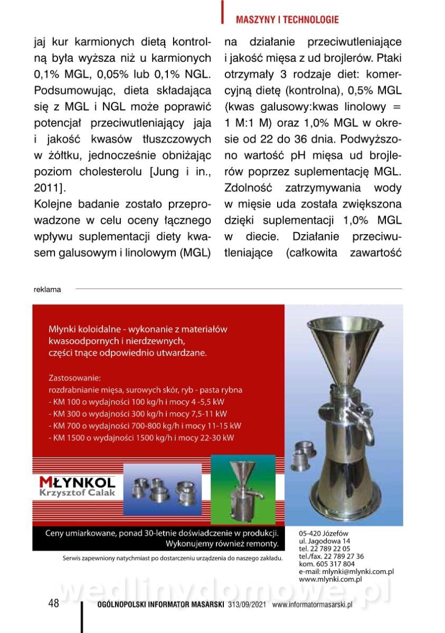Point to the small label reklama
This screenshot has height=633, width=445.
click(48, 289)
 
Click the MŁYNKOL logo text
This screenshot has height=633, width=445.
click(77, 482)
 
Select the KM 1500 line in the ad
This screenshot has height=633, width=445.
click(141, 438)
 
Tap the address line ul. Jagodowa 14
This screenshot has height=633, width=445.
click(324, 541)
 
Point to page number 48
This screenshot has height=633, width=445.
click(53, 604)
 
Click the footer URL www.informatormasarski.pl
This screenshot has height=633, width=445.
click(312, 605)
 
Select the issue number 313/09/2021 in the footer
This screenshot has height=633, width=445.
click(248, 605)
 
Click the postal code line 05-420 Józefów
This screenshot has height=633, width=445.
click(323, 533)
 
